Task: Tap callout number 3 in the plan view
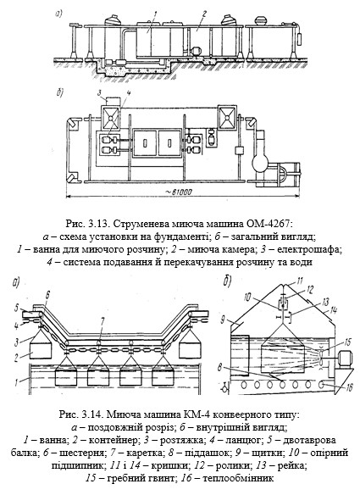[x=99, y=93]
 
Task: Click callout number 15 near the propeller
[x=347, y=342]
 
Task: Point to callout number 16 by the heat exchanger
[x=348, y=387]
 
